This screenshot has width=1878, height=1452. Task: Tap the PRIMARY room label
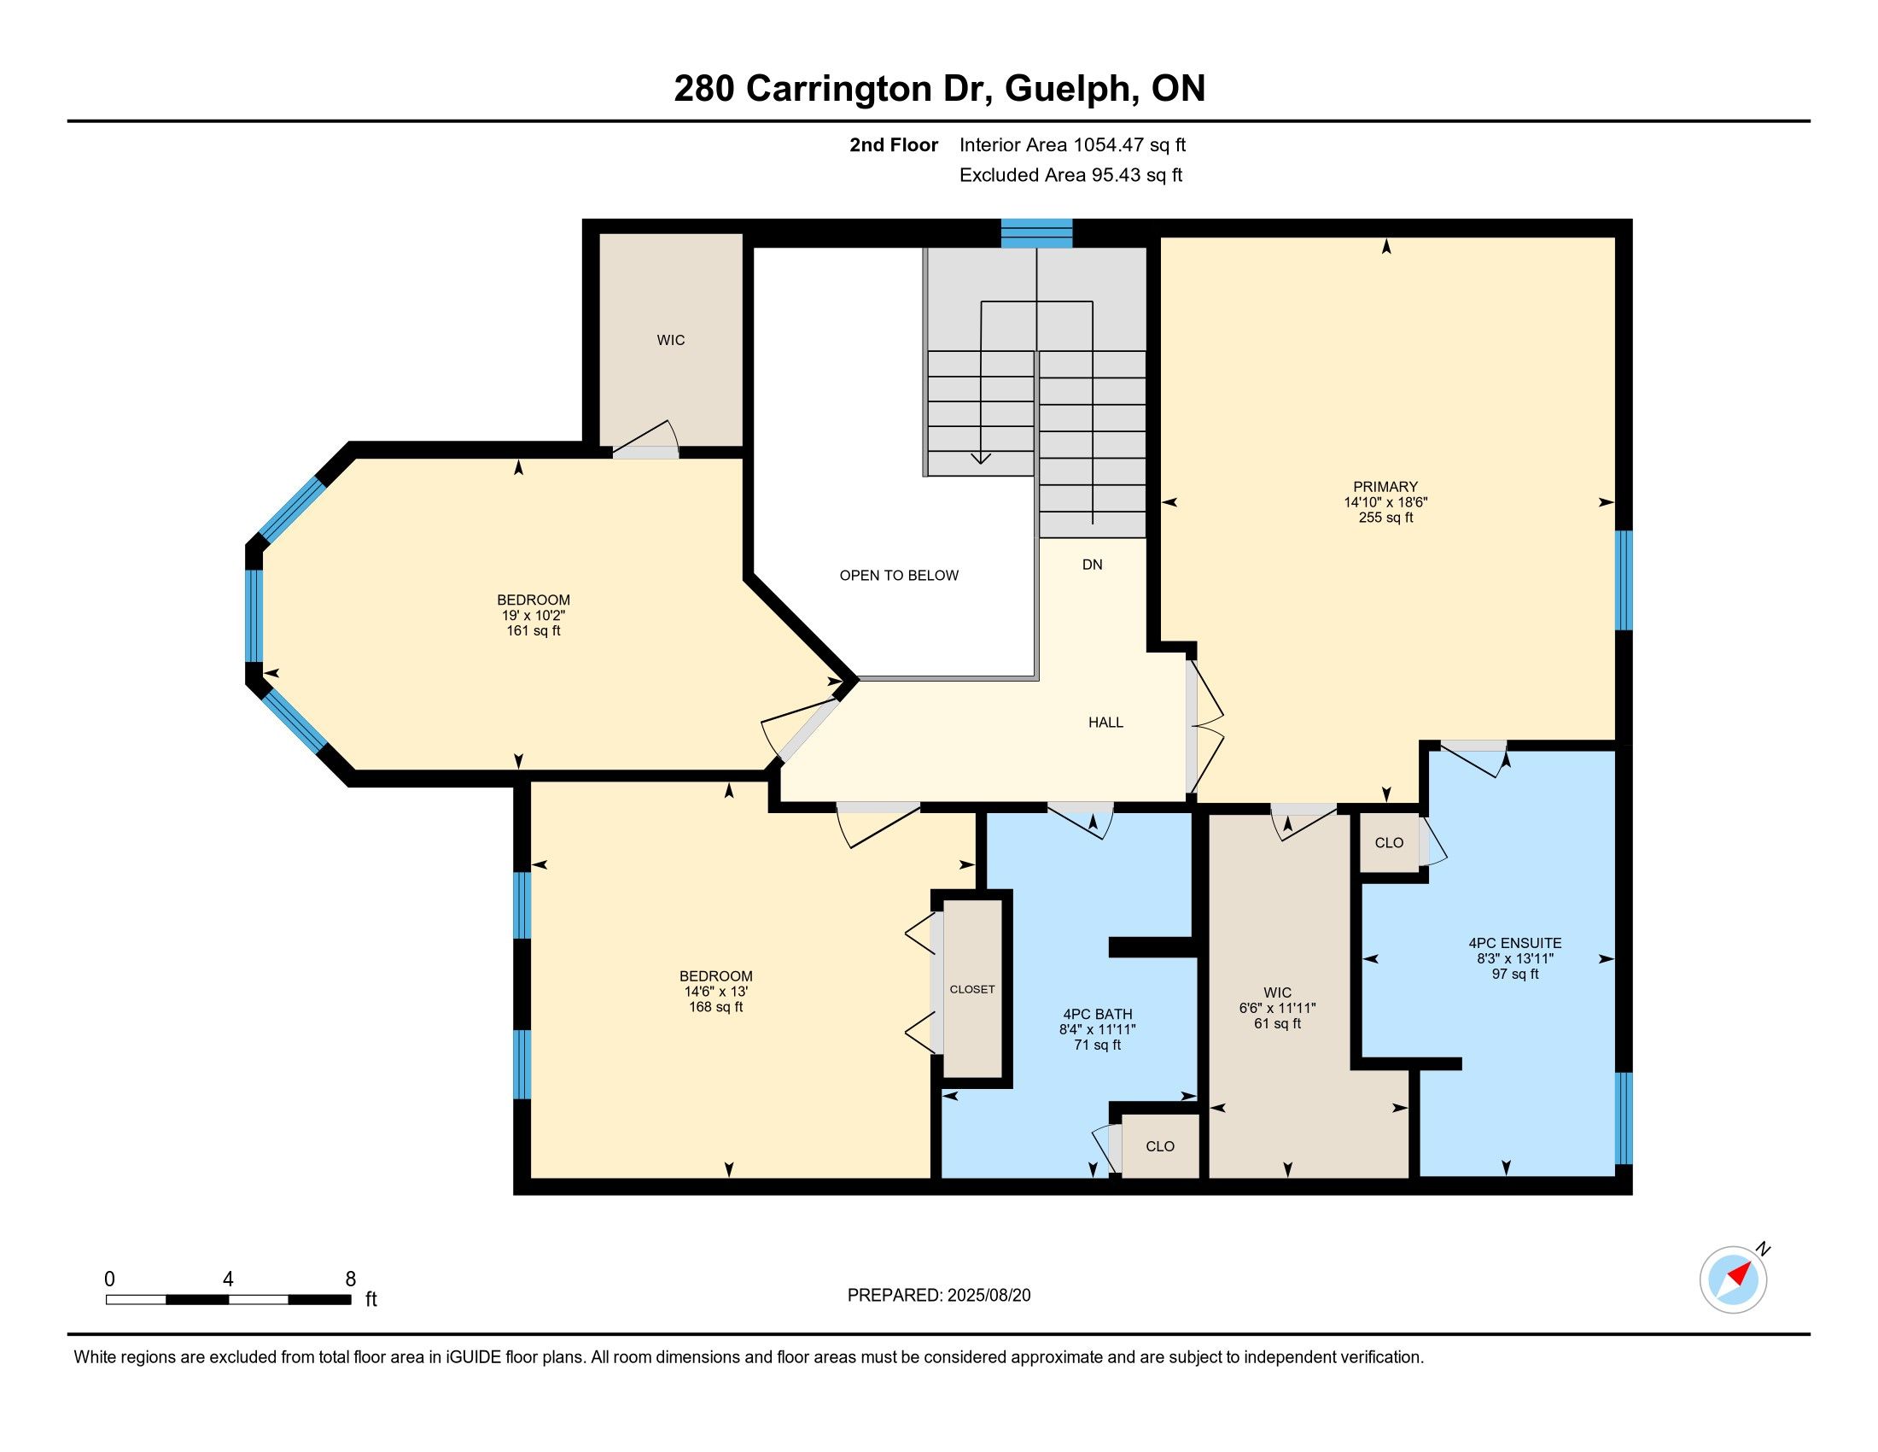click(1385, 487)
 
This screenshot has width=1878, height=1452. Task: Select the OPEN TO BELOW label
click(899, 576)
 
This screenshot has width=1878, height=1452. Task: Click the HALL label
click(1105, 723)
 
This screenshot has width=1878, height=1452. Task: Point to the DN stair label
click(1092, 565)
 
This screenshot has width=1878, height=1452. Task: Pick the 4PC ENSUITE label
click(1515, 943)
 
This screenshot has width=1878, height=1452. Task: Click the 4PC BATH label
click(1097, 1014)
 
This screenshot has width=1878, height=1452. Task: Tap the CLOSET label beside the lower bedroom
click(971, 989)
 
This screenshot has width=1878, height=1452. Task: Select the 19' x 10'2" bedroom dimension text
click(534, 616)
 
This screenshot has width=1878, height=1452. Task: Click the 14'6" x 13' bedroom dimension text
click(715, 991)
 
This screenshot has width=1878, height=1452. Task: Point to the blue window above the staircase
click(1036, 233)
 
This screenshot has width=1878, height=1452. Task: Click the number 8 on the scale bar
click(350, 1279)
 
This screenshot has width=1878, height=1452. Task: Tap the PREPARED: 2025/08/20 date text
click(939, 1296)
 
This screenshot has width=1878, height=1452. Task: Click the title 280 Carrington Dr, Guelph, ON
click(939, 89)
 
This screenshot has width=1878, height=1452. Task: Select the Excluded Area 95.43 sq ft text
click(1070, 175)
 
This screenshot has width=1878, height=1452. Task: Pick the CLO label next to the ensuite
click(1389, 843)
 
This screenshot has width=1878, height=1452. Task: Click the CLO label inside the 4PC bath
click(1160, 1146)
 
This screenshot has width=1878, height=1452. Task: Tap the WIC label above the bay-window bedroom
click(671, 341)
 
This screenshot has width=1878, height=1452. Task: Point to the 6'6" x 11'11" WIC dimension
click(1277, 1008)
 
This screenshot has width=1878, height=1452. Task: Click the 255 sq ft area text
click(1385, 518)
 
